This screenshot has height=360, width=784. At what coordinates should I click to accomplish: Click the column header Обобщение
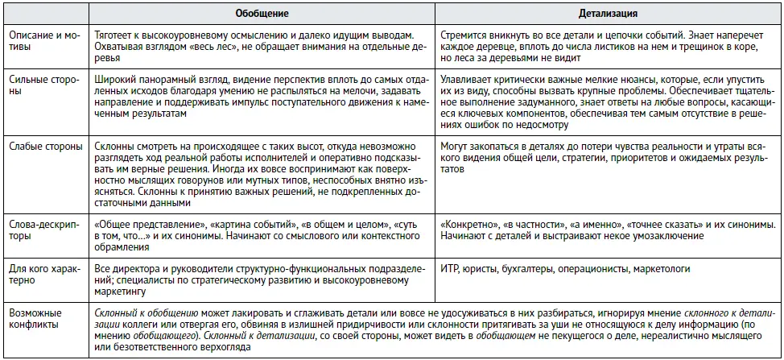click(262, 14)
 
